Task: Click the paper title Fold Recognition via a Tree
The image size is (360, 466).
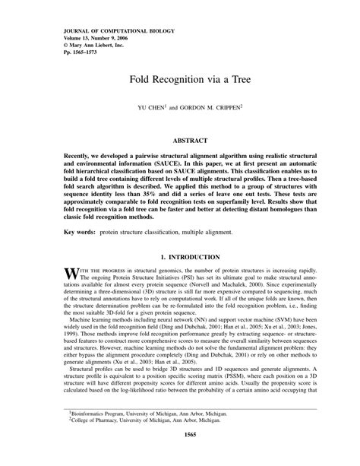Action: (x=180, y=78)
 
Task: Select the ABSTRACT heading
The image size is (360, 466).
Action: (x=180, y=141)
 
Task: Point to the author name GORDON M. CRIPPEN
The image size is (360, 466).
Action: (x=213, y=108)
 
